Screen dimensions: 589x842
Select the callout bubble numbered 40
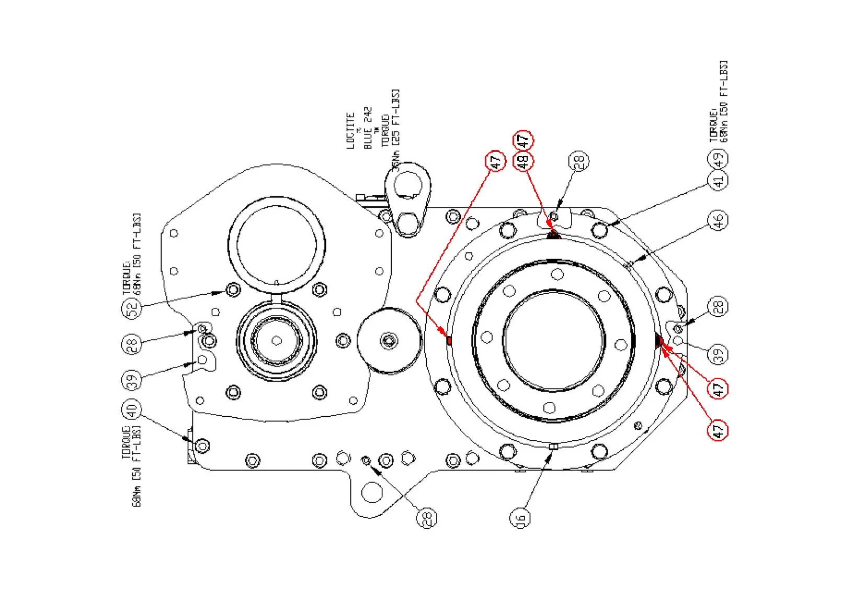[x=131, y=409]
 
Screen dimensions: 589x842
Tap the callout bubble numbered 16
[x=520, y=518]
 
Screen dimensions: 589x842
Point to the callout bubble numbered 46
[x=719, y=220]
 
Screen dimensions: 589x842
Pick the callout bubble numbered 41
[x=718, y=181]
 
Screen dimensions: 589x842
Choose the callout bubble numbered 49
[x=718, y=158]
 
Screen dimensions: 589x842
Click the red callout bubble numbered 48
[x=523, y=161]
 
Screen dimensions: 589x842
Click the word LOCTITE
[x=351, y=131]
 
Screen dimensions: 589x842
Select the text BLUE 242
[x=368, y=128]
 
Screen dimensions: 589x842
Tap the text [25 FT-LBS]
[x=396, y=117]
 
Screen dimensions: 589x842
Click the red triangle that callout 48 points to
[x=553, y=235]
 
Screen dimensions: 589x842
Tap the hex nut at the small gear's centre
[x=389, y=341]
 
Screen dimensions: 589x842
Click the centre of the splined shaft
[x=277, y=341]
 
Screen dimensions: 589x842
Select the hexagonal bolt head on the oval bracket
[x=408, y=224]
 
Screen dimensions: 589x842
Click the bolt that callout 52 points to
[x=233, y=290]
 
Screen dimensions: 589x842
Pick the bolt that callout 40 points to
[x=202, y=446]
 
